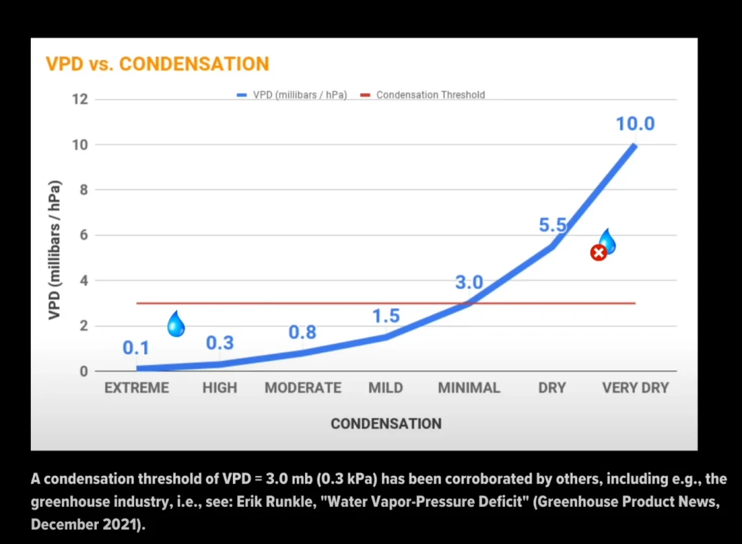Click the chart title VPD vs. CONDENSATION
click(157, 64)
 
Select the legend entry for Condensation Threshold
click(423, 95)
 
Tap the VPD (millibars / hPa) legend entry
click(292, 95)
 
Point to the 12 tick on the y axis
click(80, 99)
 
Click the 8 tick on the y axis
click(85, 190)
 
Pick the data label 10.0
click(635, 124)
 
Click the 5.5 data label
click(552, 225)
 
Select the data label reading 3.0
click(469, 283)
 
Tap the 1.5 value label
click(386, 316)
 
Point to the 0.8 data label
click(302, 332)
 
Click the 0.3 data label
click(220, 342)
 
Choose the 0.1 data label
click(136, 348)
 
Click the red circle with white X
click(598, 252)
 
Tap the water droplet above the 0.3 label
click(176, 324)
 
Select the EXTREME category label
click(136, 388)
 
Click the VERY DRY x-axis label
click(635, 388)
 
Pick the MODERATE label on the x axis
click(303, 388)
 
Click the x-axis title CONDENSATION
click(386, 424)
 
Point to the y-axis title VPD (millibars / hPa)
click(55, 250)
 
